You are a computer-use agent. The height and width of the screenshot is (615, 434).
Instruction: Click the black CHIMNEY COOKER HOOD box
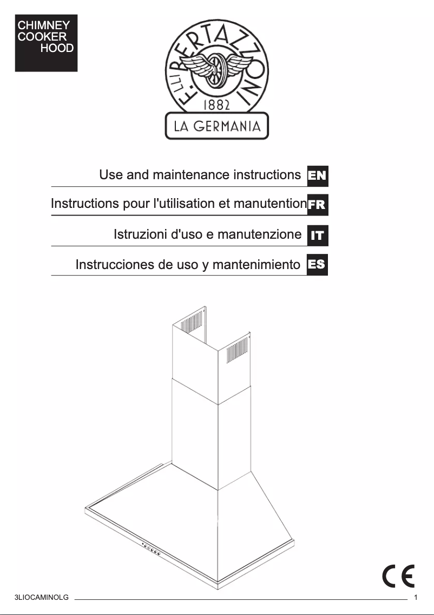pyautogui.click(x=46, y=43)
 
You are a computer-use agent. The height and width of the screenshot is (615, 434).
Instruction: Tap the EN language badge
pyautogui.click(x=317, y=175)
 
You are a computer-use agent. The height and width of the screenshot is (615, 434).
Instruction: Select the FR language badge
pyautogui.click(x=317, y=205)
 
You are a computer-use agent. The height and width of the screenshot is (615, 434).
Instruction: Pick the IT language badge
pyautogui.click(x=317, y=235)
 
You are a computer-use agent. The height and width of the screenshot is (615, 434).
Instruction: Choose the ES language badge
pyautogui.click(x=317, y=265)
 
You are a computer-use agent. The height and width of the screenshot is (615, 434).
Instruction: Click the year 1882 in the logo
pyautogui.click(x=216, y=104)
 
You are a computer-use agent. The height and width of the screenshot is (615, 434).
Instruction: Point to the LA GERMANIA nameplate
pyautogui.click(x=216, y=126)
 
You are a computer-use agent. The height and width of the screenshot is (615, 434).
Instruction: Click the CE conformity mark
pyautogui.click(x=399, y=576)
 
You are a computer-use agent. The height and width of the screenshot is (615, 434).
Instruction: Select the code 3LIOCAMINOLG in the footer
pyautogui.click(x=42, y=598)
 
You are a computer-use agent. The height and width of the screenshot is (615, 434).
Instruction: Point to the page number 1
pyautogui.click(x=416, y=598)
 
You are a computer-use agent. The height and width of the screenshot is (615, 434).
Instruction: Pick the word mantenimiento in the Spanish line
pyautogui.click(x=256, y=265)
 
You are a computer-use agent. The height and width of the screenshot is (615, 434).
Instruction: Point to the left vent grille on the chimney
pyautogui.click(x=190, y=325)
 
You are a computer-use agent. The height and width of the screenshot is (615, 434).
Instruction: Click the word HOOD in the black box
pyautogui.click(x=57, y=48)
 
